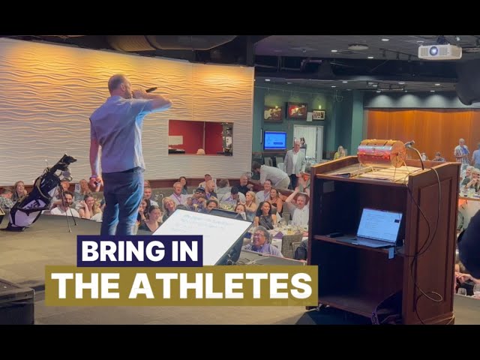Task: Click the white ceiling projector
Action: pyautogui.click(x=439, y=51)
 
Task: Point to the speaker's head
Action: pyautogui.click(x=117, y=84)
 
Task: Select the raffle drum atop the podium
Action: pyautogui.click(x=381, y=152)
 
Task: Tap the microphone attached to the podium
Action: pyautogui.click(x=409, y=144)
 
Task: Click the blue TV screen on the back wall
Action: pyautogui.click(x=274, y=140)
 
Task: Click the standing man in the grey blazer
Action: pyautogui.click(x=295, y=160)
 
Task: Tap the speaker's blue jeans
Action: pyautogui.click(x=122, y=201)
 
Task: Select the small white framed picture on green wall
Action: pyautogui.click(x=319, y=115)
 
